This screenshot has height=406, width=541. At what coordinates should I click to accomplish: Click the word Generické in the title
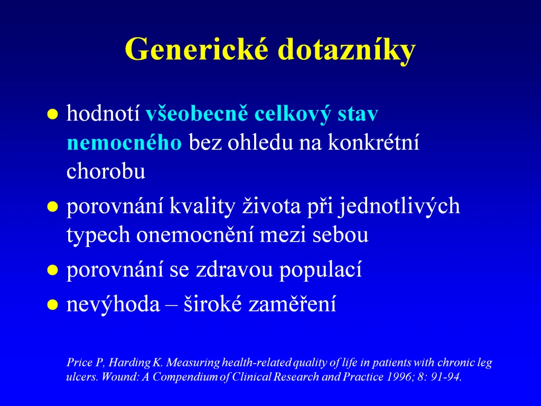tap(197, 49)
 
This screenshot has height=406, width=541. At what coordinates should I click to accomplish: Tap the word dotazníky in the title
tap(347, 50)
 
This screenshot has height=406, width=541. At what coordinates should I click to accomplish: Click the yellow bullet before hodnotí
tap(52, 114)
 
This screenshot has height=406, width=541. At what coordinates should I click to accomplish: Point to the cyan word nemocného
tap(124, 142)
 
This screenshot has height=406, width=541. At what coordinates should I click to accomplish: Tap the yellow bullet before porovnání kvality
tap(52, 207)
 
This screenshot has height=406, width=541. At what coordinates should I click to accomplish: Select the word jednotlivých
tap(399, 207)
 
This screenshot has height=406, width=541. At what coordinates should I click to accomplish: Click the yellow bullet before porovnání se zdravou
tap(52, 270)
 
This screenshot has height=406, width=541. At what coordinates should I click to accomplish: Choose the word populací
tap(321, 270)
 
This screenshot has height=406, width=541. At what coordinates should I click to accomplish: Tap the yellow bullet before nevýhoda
tap(52, 305)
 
